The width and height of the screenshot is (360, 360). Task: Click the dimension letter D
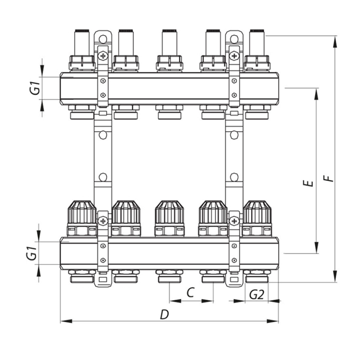pos(164,315)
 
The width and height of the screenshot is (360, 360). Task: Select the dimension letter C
pos(190,292)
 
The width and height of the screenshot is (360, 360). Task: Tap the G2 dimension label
pos(257,295)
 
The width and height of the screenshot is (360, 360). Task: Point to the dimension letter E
pos(308,183)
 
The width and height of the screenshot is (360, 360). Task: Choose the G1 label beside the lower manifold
pos(32,253)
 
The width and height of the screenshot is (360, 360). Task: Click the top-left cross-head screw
pos(103,56)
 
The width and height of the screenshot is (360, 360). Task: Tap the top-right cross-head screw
pos(234,56)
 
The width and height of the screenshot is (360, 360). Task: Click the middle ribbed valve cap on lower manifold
pos(170,212)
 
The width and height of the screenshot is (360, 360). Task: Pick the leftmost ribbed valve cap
pos(82,212)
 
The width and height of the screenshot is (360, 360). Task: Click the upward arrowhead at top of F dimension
pos(335,42)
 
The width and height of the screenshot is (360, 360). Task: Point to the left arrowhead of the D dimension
pos(66,321)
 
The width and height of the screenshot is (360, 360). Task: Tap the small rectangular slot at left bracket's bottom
pos(103,280)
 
